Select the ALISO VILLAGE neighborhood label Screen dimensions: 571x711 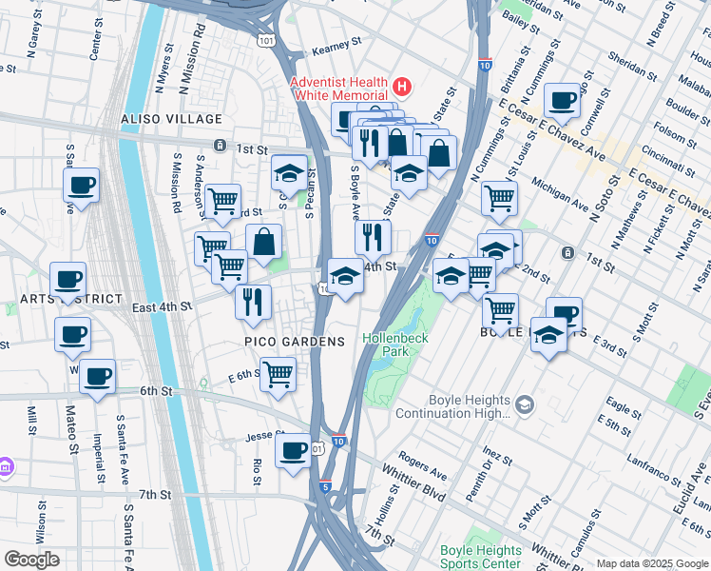point(171,120)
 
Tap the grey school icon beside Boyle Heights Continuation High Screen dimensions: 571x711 point(524,407)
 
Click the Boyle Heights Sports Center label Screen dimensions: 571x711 point(480,557)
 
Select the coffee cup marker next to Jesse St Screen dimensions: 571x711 point(293,448)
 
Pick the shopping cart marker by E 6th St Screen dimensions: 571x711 point(278,374)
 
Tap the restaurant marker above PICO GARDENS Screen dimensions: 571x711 point(253,302)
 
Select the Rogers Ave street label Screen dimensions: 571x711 point(423,468)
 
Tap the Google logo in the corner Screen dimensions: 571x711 point(31,560)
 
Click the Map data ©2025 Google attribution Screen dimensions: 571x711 point(652,563)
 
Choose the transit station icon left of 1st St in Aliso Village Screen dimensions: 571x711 point(220,146)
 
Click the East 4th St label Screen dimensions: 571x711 point(163,307)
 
